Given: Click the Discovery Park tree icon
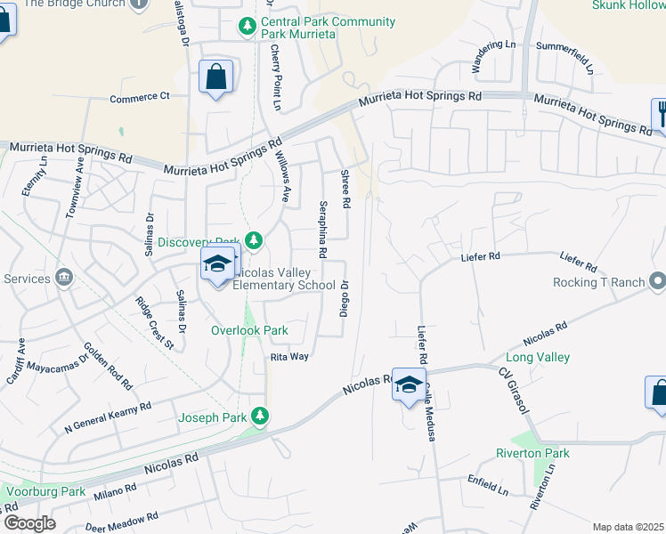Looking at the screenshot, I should coord(255,240).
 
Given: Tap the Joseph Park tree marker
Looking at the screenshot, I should coord(260,416).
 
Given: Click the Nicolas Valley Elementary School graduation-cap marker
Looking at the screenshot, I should coord(216,264).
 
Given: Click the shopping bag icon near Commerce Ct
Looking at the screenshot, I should coord(216,77).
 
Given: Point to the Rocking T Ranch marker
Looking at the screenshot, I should coord(658,282).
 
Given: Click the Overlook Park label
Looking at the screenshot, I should coord(249,330).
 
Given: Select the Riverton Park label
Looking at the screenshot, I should coord(532,453).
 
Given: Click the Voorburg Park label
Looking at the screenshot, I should coord(45,490).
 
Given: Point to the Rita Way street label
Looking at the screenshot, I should coord(289,356).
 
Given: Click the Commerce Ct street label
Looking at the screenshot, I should coord(139,97).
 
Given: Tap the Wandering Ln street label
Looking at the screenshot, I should coord(493,56).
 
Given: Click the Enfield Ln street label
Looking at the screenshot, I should coord(487,484).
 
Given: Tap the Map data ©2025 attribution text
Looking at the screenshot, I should coord(628,527).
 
